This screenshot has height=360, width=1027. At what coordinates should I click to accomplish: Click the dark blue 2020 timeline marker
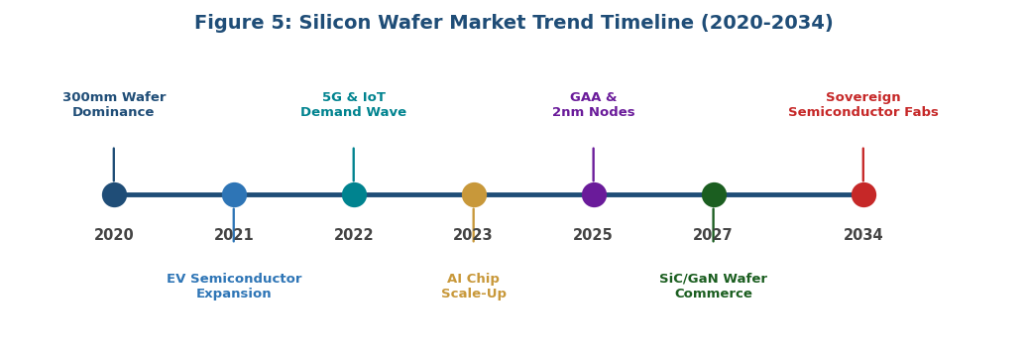tap(114, 194)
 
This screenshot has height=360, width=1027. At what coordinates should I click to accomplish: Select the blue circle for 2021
tap(234, 194)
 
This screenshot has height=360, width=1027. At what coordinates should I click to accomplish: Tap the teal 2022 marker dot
tap(354, 194)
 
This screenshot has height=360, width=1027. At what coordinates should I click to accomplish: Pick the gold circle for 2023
tap(474, 194)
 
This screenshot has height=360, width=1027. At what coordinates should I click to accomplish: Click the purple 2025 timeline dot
tap(594, 194)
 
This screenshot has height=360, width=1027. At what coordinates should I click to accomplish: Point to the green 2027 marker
tap(714, 194)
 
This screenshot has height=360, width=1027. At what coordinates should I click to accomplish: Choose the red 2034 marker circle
tap(863, 194)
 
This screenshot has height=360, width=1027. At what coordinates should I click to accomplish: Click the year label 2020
tap(114, 235)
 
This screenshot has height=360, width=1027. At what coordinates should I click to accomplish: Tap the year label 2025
tap(593, 235)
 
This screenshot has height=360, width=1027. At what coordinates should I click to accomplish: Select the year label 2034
tap(863, 235)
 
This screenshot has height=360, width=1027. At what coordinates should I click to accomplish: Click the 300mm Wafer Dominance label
tap(114, 105)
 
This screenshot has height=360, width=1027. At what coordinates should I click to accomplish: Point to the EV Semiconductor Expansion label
tap(234, 287)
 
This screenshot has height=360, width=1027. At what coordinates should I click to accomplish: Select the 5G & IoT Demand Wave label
tap(354, 105)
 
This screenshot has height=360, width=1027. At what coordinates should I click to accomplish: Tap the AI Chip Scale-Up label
tap(474, 287)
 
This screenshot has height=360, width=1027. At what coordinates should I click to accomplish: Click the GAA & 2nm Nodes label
tap(594, 105)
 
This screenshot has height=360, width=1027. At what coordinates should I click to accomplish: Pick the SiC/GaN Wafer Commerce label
tap(714, 287)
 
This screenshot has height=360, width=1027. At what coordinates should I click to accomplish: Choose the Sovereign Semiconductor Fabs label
tap(863, 105)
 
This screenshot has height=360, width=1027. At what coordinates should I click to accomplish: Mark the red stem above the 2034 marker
tap(863, 165)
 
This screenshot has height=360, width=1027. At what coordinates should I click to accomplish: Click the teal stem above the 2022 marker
tap(354, 165)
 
